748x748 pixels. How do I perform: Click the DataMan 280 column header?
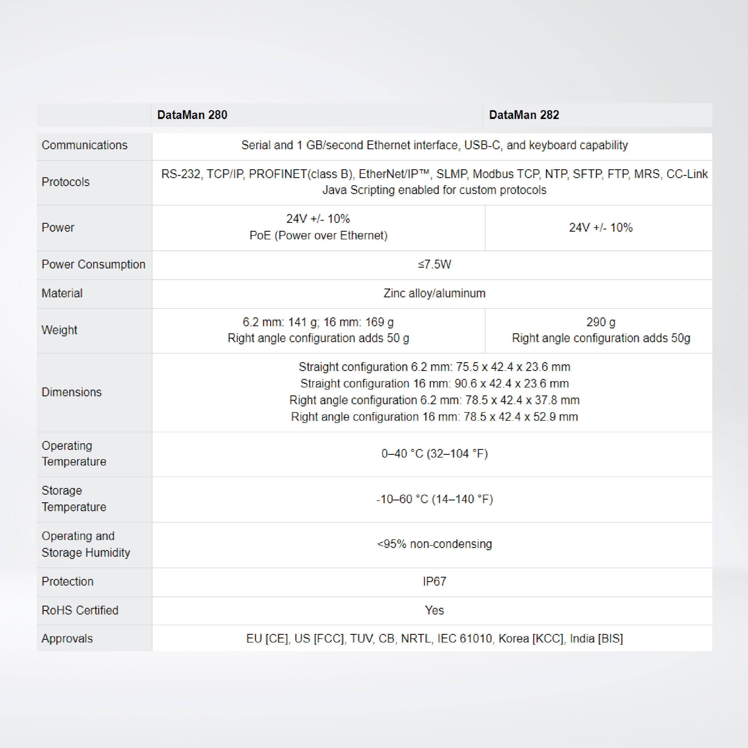tap(192, 115)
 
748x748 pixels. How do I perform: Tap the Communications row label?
tap(84, 145)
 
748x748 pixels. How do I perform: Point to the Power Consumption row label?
tap(93, 264)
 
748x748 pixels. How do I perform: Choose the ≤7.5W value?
tap(434, 264)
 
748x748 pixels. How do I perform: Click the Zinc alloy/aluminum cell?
tap(434, 293)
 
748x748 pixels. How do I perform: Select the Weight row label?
tap(59, 330)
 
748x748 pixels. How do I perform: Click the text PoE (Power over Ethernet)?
tap(318, 236)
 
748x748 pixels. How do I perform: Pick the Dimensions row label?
tap(72, 392)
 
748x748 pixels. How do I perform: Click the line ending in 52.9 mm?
tap(434, 417)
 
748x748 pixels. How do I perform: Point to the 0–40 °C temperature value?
tap(434, 453)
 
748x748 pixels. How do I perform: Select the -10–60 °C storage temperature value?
tap(434, 499)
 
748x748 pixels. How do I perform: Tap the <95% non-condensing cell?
tap(434, 544)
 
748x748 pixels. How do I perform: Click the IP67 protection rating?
tap(434, 581)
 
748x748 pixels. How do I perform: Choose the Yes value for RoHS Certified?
tap(434, 611)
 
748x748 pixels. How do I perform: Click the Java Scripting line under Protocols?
tap(434, 190)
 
